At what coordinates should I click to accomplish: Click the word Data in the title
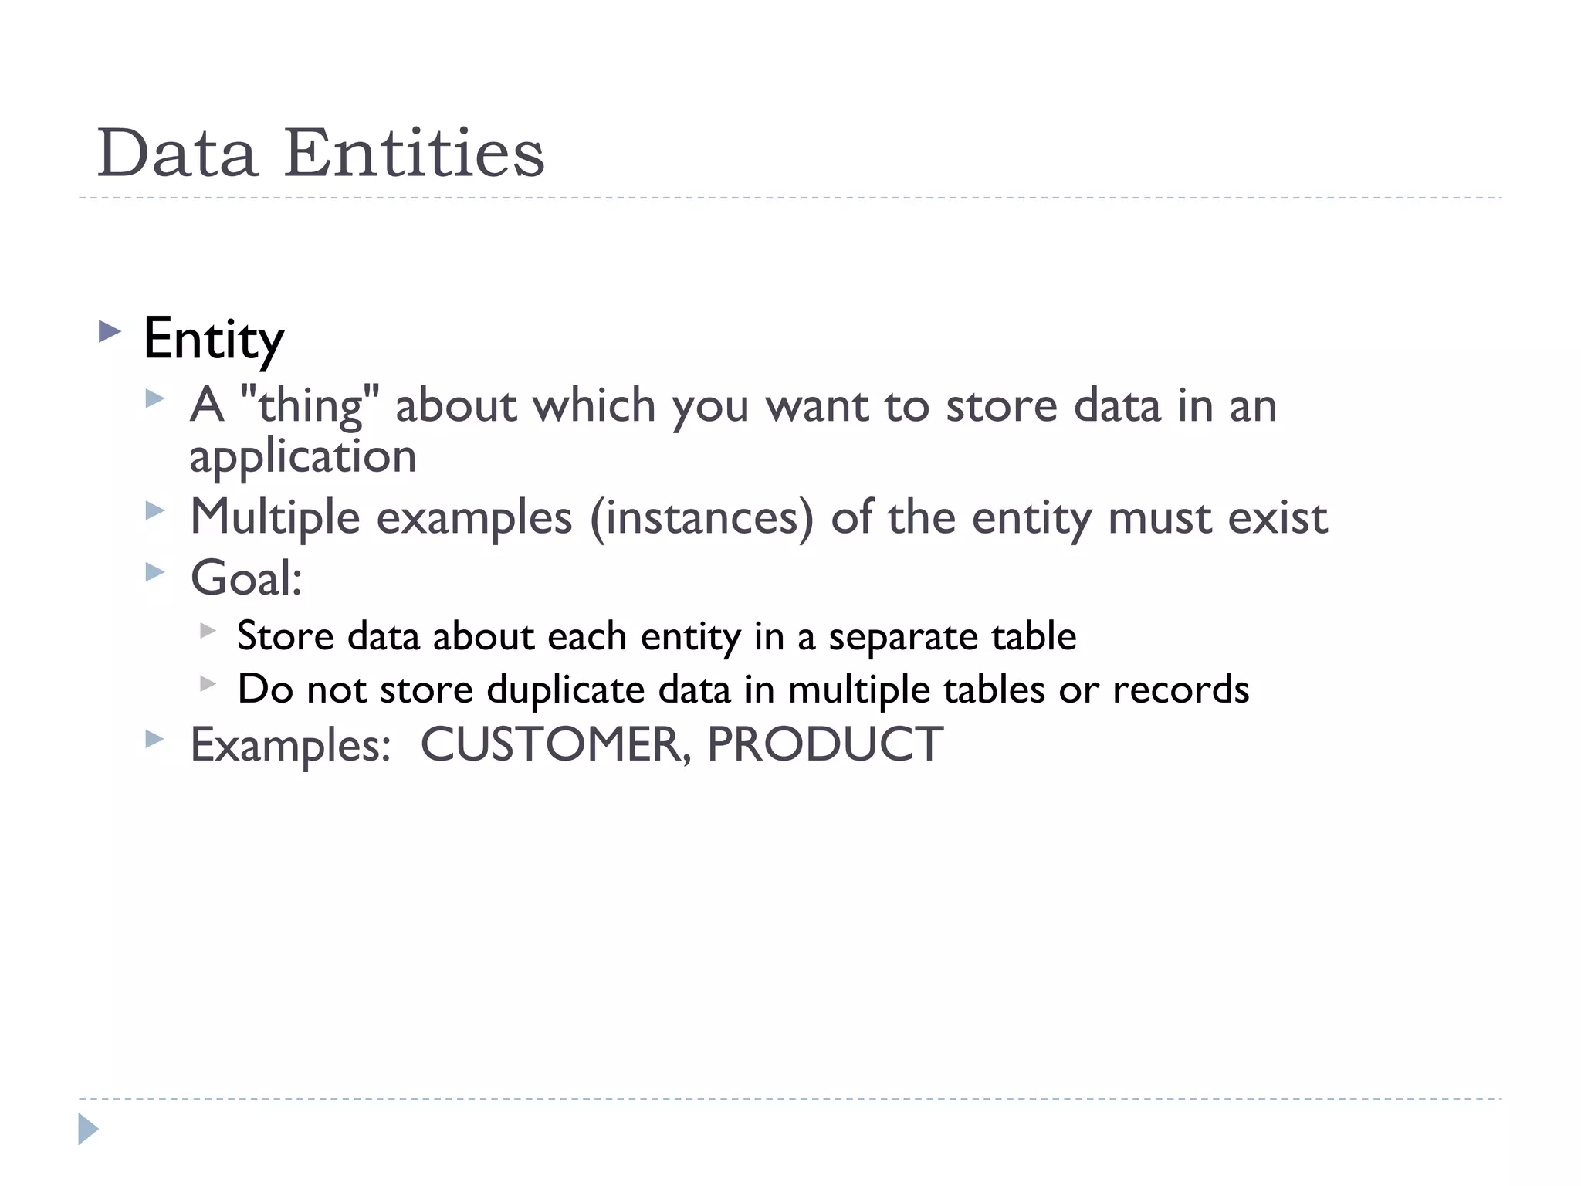(177, 153)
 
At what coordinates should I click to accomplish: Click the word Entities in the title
(415, 153)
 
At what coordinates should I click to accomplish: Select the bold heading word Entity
(214, 339)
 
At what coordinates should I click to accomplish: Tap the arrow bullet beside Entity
(110, 333)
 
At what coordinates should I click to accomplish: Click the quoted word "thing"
(310, 405)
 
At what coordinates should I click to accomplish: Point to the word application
(303, 456)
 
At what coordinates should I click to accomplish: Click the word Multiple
(275, 517)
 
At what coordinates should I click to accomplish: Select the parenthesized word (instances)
(702, 517)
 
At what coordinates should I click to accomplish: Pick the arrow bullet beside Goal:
(155, 572)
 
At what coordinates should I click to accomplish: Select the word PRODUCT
(824, 744)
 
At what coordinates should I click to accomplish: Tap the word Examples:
(290, 745)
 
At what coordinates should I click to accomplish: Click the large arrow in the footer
(88, 1129)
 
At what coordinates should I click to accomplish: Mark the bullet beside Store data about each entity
(207, 631)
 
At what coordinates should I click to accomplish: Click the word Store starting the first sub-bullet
(285, 636)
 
